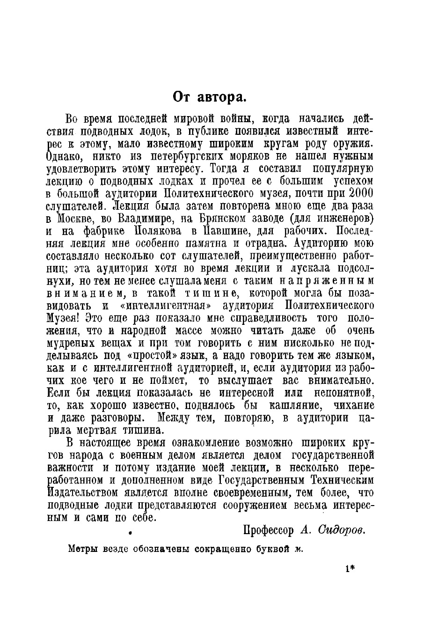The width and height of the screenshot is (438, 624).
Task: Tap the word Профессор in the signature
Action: tap(268, 530)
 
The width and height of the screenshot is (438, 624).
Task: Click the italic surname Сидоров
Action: tap(341, 530)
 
